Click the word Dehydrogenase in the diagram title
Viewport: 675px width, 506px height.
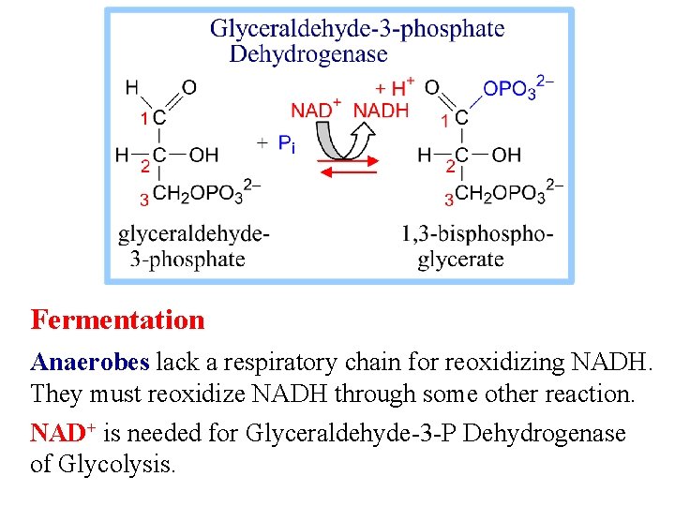[x=308, y=53]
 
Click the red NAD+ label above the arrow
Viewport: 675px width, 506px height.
[x=316, y=110]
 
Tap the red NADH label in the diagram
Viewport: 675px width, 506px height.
[x=381, y=110]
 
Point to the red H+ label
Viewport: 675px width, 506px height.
[x=395, y=87]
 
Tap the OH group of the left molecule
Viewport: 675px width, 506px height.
[x=203, y=155]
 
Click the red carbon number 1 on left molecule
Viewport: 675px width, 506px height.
[x=144, y=119]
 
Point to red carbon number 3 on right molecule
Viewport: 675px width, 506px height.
[x=448, y=199]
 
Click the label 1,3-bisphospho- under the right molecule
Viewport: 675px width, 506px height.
[x=477, y=234]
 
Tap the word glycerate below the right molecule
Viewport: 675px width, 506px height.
[x=460, y=260]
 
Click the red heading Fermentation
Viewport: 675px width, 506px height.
[x=117, y=320]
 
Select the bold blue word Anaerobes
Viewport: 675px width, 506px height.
[x=91, y=362]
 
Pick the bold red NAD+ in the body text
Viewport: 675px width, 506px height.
[x=64, y=433]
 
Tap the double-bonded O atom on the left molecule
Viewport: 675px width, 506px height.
[x=188, y=87]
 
